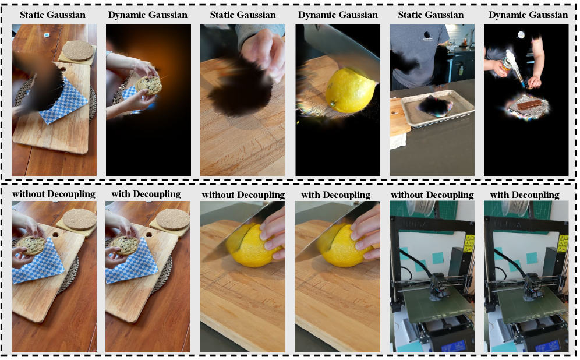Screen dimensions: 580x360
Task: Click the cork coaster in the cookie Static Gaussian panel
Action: [77, 50]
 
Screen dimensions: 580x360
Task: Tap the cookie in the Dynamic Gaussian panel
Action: [148, 86]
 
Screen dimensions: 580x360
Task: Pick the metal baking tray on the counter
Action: [437, 107]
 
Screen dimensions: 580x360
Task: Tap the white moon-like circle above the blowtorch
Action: [521, 35]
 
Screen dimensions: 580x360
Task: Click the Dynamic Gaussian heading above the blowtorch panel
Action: [528, 15]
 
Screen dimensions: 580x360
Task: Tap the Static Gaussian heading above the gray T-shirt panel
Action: [430, 15]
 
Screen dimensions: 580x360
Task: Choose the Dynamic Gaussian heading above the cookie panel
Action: [147, 15]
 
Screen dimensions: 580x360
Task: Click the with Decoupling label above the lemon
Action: [335, 195]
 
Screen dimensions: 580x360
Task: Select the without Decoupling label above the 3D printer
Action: [432, 195]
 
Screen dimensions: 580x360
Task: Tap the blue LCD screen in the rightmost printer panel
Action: [547, 347]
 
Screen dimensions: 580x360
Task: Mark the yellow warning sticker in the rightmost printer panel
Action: [563, 243]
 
